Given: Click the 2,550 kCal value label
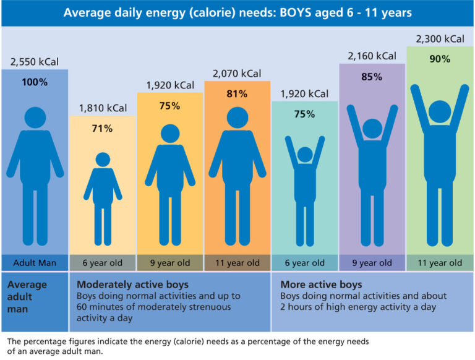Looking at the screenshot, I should coord(34,62).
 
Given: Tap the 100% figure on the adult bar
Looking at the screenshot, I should coord(34,82).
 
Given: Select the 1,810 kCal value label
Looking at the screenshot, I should coord(102,109).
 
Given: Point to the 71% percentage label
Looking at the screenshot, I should coord(102,129).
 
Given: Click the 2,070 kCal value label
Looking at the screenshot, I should coord(237,74).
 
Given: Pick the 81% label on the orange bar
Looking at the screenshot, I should coord(237,94).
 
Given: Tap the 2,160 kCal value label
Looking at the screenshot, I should coord(372,56).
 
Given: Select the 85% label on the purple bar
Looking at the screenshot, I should coord(372,78).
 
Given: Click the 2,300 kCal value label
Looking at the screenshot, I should coord(440,39).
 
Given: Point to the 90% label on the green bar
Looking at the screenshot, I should coord(440,59).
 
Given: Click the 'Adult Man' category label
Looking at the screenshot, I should coord(34,263).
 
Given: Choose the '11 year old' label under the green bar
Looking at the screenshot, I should coord(440,263).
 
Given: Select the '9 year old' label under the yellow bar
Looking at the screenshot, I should coord(169,263).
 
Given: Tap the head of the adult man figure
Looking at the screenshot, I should coord(34,118).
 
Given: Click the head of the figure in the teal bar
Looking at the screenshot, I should coord(304,154).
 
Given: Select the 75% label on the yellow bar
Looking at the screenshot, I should coord(169,106).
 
